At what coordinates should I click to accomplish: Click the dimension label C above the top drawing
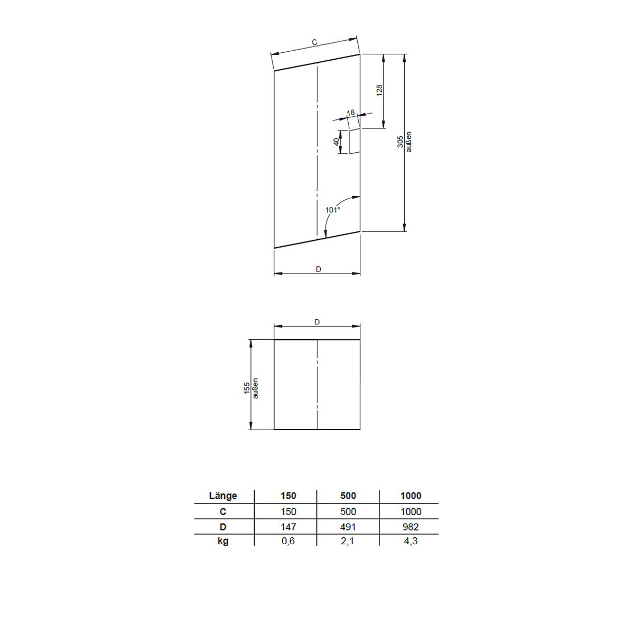pos(314,42)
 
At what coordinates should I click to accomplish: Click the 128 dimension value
pos(379,90)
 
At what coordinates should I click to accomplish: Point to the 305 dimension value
pos(400,142)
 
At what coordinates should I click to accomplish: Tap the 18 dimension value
pos(351,113)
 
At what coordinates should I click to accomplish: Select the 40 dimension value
pos(336,142)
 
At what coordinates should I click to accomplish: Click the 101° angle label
pos(333,210)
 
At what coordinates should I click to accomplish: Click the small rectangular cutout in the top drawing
pos(355,141)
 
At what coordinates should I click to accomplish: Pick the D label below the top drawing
pos(318,269)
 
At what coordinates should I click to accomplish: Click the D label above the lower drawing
pos(317,322)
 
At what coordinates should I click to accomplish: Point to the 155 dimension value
pos(247,388)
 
